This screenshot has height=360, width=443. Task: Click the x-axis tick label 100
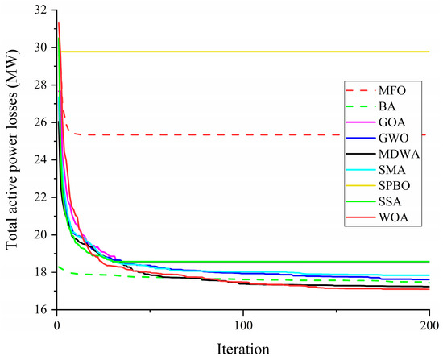(x=242, y=325)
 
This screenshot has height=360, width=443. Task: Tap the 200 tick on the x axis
(x=429, y=325)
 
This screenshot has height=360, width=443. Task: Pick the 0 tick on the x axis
(x=56, y=325)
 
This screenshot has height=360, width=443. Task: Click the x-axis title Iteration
(x=242, y=350)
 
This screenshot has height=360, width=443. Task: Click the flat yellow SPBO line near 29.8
(x=242, y=52)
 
